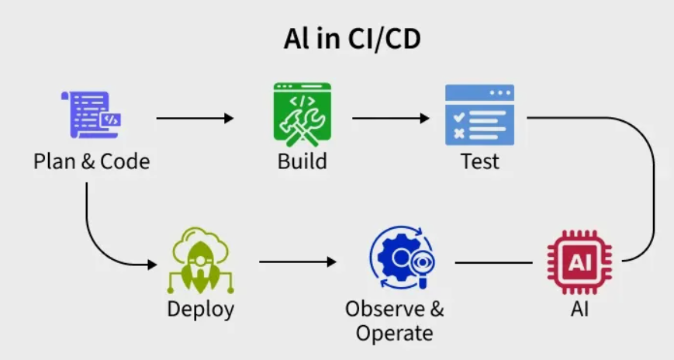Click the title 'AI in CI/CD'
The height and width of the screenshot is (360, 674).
(352, 39)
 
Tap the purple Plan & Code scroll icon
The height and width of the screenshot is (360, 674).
(91, 115)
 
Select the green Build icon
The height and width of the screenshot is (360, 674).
(302, 114)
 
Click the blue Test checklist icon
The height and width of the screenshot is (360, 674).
(479, 115)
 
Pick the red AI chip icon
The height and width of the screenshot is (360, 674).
(579, 262)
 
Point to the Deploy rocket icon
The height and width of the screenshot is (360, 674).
(200, 261)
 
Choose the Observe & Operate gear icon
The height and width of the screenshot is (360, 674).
(403, 258)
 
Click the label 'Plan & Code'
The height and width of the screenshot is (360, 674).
(92, 161)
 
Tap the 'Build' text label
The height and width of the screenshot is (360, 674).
(302, 161)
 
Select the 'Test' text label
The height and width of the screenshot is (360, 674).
(480, 161)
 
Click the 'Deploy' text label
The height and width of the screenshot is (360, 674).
(201, 310)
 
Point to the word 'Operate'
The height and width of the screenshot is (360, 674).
(395, 334)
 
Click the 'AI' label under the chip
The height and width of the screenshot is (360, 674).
(579, 310)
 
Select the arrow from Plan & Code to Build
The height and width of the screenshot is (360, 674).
(195, 118)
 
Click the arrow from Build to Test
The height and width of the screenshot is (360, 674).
(391, 118)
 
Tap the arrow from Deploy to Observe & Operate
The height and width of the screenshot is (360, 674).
(298, 261)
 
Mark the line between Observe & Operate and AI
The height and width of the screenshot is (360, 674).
(493, 262)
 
